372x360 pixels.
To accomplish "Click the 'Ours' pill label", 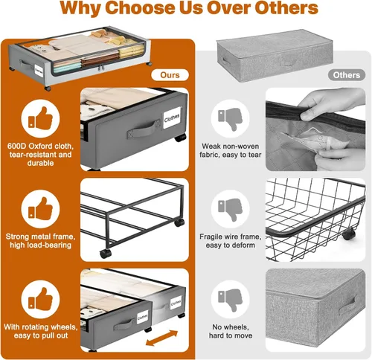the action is coord(170,75).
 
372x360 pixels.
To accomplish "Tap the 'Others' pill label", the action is coord(347,75).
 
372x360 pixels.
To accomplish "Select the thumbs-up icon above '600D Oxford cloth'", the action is coord(40,118).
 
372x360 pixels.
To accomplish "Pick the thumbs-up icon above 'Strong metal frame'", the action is coord(40,209).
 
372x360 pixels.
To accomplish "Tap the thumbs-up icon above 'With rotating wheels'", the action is coord(40,299).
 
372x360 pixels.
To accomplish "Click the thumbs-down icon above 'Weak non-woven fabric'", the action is coord(230,119).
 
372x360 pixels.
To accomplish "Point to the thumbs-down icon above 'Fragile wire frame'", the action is coord(230,210).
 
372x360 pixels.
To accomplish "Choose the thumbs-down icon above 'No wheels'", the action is coord(230,300).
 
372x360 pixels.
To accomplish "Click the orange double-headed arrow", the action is coord(161,338).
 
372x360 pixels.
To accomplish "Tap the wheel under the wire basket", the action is coord(348,234).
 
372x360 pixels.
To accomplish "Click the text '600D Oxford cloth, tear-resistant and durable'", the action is coord(40,154).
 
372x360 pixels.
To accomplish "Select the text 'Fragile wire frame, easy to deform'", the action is coord(231,241).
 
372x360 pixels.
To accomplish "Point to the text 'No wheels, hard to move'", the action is coord(231,331).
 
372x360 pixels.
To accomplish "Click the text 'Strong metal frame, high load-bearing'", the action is coord(40,241).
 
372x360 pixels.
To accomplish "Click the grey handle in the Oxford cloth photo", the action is coord(144,129).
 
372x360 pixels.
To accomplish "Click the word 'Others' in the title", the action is coord(286,8).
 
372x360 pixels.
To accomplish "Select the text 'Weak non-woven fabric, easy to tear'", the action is coord(231,150).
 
